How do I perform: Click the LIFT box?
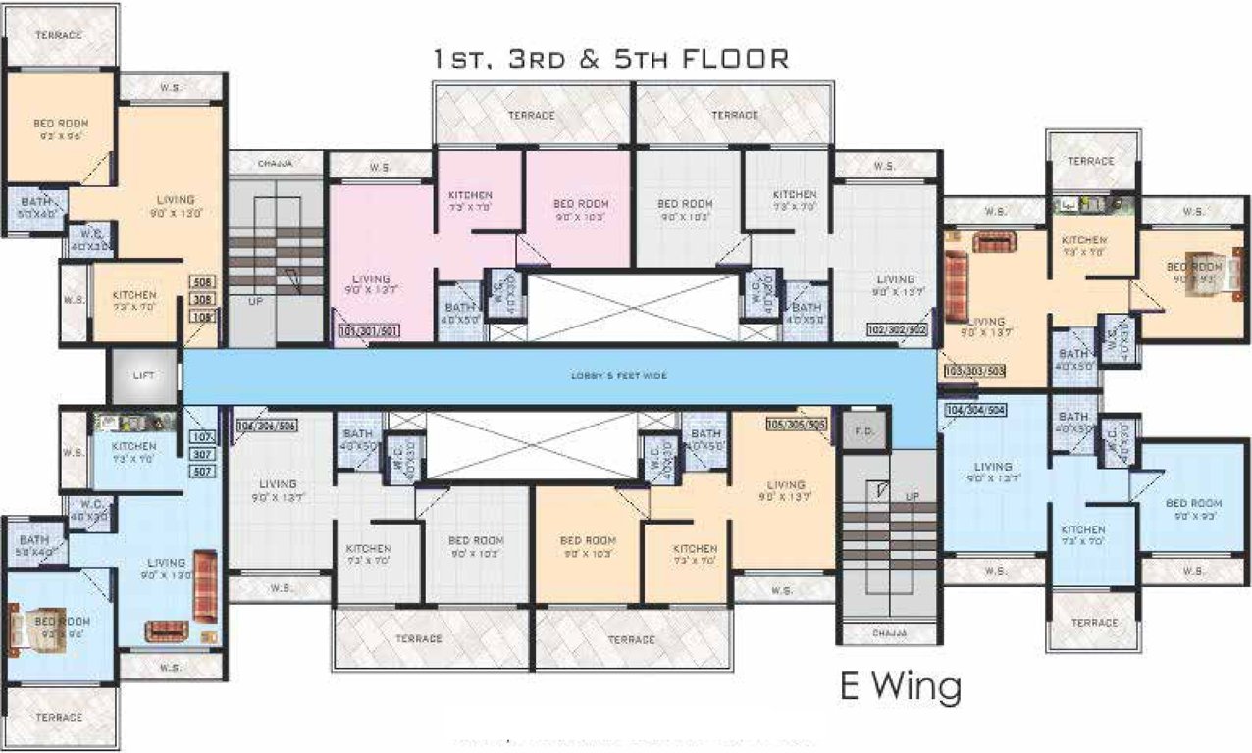click(x=144, y=374)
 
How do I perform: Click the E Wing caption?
click(x=900, y=686)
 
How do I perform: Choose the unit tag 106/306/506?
click(x=266, y=426)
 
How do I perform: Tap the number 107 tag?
click(x=203, y=436)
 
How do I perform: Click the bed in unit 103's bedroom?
click(x=1199, y=266)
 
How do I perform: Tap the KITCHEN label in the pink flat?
click(x=470, y=200)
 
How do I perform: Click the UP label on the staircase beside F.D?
click(x=912, y=496)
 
